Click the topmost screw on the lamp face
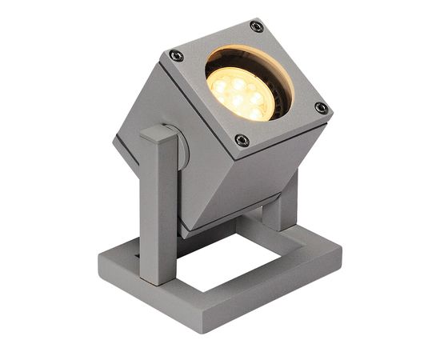point(256,26)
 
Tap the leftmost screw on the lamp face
point(176,56)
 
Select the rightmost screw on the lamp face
point(321,108)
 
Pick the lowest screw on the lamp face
point(242,141)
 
